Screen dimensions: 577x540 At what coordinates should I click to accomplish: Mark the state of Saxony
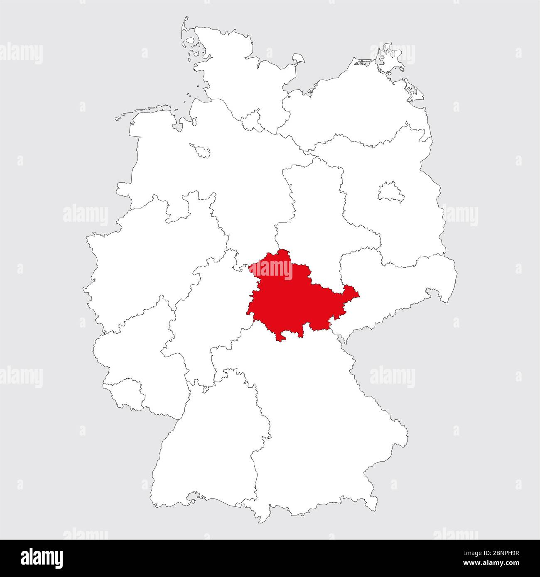coord(395,286)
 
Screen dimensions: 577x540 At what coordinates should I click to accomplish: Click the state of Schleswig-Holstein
coord(233,75)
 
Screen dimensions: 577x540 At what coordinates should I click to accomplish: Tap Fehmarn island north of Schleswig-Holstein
coord(299,60)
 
